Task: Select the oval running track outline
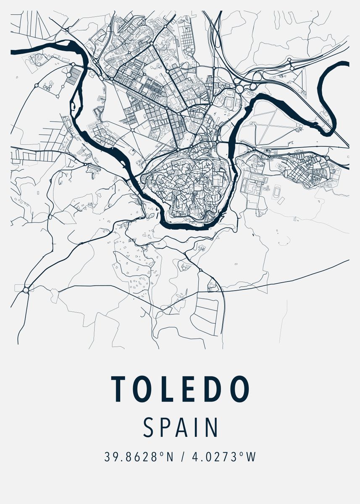pos(277,192)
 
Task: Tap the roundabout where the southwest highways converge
pos(26,289)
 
